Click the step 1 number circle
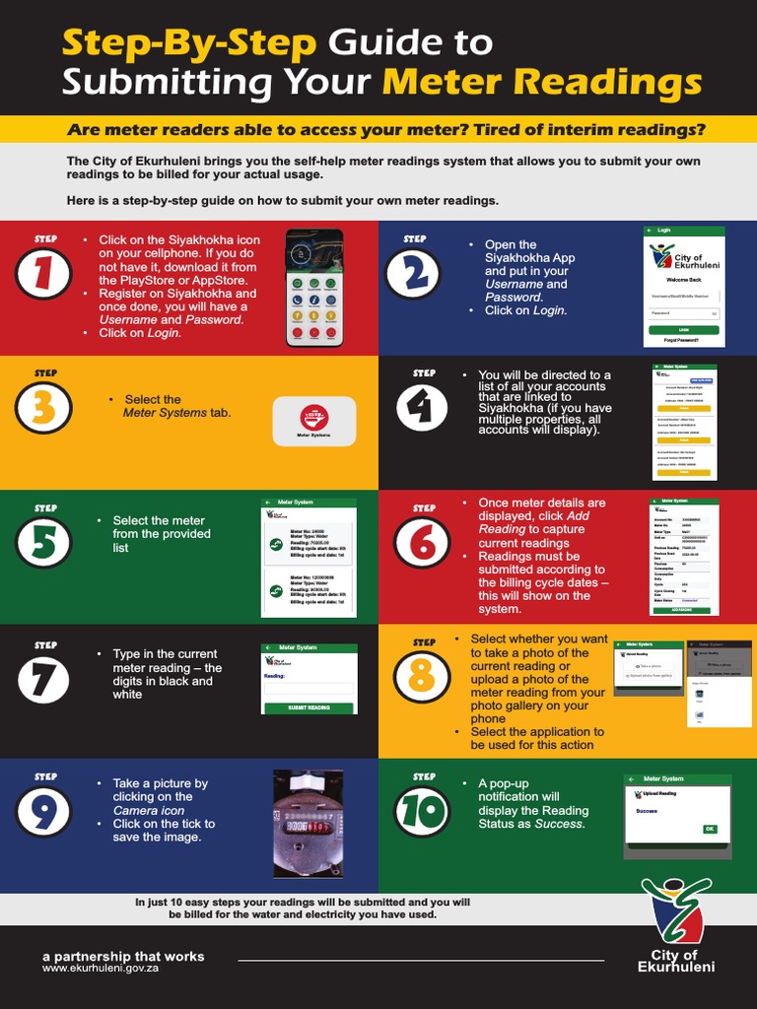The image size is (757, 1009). pos(43,274)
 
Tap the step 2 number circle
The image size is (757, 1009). pos(413,274)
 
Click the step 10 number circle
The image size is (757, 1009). pos(422,811)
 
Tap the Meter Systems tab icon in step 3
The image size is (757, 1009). pos(313,422)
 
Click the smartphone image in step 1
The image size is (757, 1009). pos(314,288)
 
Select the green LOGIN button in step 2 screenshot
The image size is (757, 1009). pos(684,329)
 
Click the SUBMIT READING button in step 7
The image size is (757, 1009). pos(309,707)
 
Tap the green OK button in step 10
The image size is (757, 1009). pos(710,829)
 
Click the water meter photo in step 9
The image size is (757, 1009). pos(308,824)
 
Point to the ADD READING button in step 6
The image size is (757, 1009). pos(683,610)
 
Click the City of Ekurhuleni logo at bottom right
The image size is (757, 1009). pos(676,926)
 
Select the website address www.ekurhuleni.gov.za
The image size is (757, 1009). pos(101,969)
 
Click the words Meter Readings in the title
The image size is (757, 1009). pos(542,81)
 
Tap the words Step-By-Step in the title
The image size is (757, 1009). pos(189,43)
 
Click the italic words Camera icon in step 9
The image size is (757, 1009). pos(148,810)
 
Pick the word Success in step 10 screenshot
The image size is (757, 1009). pos(647,811)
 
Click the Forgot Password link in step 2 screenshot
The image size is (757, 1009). pos(682,340)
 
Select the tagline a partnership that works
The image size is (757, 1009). pos(123,956)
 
